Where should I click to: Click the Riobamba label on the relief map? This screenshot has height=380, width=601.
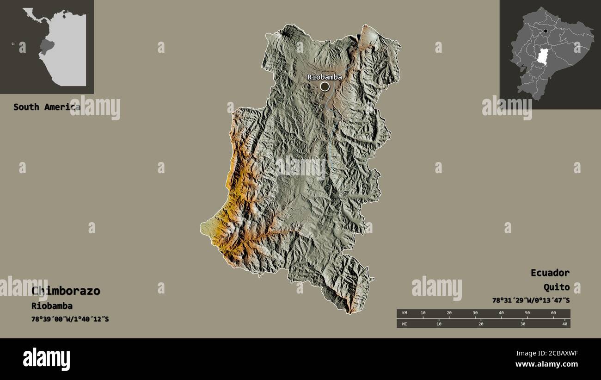[325, 77]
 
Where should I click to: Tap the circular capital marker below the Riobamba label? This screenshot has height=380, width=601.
[325, 87]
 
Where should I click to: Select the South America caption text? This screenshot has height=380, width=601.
[46, 107]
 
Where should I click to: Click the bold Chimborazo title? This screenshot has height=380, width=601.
[66, 291]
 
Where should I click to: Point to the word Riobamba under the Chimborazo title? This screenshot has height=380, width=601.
[52, 306]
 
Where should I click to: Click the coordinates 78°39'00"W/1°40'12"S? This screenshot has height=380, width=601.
[70, 319]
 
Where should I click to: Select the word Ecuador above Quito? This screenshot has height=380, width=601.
[550, 273]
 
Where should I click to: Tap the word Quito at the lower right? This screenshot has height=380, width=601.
[557, 287]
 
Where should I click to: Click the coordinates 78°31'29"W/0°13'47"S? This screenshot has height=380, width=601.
[531, 300]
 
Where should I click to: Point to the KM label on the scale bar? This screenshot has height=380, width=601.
[405, 313]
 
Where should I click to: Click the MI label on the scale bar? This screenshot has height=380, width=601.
[405, 324]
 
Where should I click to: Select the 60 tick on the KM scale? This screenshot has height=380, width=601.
[553, 313]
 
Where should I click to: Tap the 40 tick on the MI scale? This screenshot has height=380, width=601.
[564, 324]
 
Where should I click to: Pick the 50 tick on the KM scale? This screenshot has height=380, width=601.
[527, 313]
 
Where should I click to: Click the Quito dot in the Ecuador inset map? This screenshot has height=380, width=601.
[546, 31]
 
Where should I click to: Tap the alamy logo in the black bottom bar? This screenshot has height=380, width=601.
[47, 359]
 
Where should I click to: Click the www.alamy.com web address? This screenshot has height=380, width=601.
[547, 364]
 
